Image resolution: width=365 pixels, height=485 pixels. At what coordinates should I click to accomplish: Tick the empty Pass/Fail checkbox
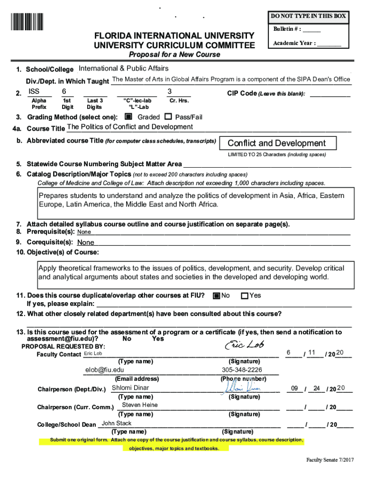[168, 117]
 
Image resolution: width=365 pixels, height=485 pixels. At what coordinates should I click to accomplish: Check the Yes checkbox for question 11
[245, 296]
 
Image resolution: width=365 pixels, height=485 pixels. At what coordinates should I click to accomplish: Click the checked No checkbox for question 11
[216, 296]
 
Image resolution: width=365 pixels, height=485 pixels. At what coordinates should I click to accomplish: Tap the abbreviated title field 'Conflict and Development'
[277, 143]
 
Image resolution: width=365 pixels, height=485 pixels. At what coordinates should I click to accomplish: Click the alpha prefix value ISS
[34, 91]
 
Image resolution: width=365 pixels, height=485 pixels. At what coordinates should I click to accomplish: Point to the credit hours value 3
[170, 91]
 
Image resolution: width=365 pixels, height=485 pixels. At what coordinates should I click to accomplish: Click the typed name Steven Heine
[140, 405]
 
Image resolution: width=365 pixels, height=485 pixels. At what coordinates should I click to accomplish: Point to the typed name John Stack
[117, 423]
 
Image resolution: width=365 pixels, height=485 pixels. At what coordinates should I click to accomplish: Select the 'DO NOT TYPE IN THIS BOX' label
[308, 16]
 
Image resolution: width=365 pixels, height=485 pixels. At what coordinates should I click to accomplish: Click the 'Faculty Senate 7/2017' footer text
[329, 460]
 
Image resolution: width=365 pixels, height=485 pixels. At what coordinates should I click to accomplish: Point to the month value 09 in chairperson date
[294, 388]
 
